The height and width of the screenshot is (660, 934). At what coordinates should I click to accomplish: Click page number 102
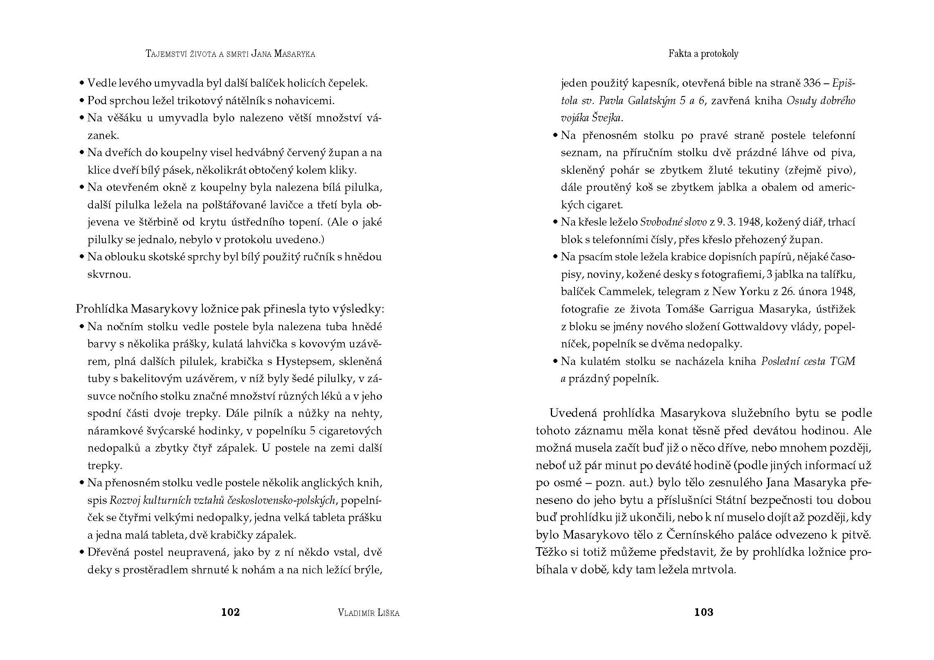(230, 612)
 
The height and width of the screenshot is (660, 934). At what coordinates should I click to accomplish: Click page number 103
(703, 612)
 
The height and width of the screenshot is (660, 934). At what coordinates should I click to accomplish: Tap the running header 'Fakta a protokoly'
(703, 54)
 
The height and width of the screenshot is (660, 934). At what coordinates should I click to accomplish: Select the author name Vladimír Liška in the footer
(369, 613)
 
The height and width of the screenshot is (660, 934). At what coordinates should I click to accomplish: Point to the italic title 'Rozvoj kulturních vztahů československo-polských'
(223, 500)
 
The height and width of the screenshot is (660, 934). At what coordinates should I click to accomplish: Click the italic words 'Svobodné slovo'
(673, 222)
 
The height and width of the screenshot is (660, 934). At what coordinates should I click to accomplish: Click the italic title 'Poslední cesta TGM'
(808, 361)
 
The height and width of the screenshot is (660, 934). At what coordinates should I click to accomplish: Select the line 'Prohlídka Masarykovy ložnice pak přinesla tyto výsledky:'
(230, 309)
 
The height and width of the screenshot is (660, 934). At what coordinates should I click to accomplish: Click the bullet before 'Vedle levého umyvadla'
(82, 83)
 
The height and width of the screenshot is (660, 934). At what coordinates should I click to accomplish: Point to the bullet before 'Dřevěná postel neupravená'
(82, 553)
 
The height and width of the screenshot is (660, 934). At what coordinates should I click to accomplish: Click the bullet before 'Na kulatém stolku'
(555, 362)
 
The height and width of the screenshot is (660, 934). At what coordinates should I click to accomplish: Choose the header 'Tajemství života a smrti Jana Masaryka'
(230, 54)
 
